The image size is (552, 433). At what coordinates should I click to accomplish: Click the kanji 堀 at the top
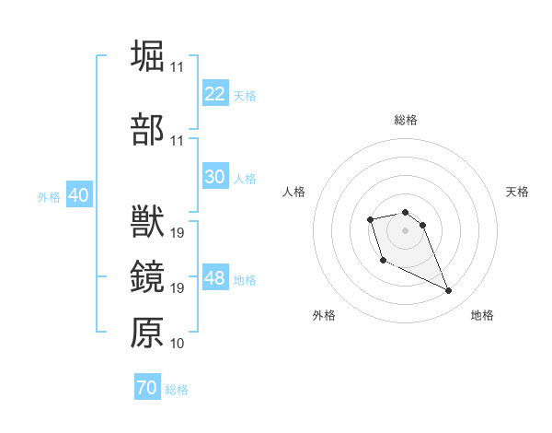pos(147,56)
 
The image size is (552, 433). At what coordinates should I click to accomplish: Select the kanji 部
pos(147,130)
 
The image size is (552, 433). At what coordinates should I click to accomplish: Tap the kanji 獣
pos(147,222)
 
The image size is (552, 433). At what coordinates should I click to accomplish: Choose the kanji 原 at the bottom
pos(147,332)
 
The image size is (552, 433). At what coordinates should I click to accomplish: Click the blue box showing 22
pos(215,94)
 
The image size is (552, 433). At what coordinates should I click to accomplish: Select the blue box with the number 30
pos(215,177)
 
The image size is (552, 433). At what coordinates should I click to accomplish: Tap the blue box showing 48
pos(215,278)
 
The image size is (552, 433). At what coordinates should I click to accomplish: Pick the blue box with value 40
pos(78,195)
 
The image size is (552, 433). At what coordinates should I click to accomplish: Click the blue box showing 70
pos(146,388)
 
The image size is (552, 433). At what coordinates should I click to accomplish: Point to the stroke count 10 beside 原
pos(177,344)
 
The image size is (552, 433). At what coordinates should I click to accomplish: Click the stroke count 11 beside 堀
pos(177,67)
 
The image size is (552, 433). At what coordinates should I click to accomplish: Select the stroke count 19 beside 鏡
pos(177,288)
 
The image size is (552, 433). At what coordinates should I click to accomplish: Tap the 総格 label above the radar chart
pos(406,120)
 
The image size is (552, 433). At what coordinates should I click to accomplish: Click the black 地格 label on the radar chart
pos(482,315)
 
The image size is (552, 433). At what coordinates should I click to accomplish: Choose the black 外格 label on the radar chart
pos(324,315)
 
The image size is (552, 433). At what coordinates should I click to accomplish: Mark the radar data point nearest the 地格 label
pos(449,291)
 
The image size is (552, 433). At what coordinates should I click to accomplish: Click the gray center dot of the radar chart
pos(405,229)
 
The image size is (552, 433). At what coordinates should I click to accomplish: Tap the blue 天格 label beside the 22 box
pos(245,95)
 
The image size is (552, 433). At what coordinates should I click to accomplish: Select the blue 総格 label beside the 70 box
pos(177,390)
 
